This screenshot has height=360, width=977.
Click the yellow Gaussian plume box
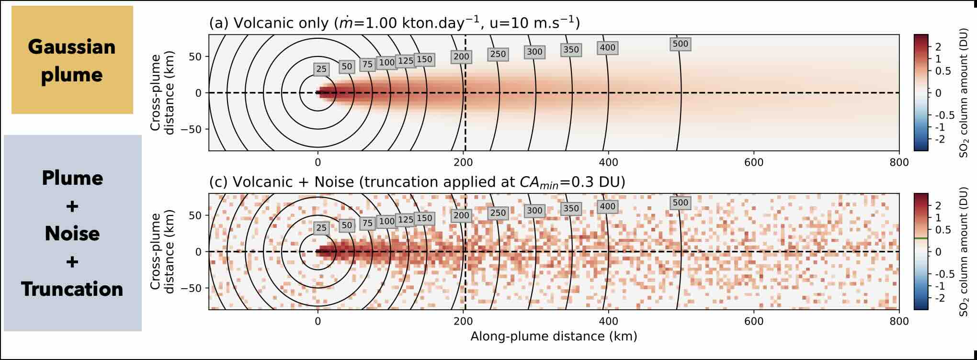click(x=72, y=60)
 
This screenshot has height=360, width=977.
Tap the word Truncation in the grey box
click(x=72, y=289)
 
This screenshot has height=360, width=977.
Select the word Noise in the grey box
click(x=72, y=234)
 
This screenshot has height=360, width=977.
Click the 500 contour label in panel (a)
click(x=680, y=44)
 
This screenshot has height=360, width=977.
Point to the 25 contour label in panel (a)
click(x=321, y=69)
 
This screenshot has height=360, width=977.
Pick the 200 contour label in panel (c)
click(x=461, y=215)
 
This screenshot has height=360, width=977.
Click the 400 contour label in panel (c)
click(x=607, y=207)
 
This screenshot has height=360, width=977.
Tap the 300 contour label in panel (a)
click(x=534, y=52)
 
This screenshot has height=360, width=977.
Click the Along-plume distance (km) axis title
click(x=554, y=337)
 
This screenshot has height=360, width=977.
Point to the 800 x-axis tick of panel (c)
click(x=899, y=321)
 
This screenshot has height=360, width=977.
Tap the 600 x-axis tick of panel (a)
click(x=753, y=162)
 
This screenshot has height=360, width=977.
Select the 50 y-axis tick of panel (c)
click(x=197, y=215)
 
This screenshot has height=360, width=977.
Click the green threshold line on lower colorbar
click(x=921, y=238)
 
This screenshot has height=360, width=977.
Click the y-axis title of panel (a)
click(x=162, y=92)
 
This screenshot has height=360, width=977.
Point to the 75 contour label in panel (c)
click(x=367, y=223)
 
